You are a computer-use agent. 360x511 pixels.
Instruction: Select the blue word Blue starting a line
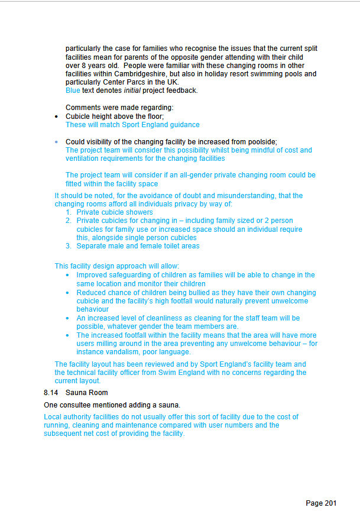tap(73, 91)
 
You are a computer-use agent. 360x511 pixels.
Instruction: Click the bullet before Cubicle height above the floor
tap(56, 117)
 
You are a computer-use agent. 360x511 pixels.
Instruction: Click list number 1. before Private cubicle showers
tap(69, 212)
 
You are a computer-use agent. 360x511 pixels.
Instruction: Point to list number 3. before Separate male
tap(69, 246)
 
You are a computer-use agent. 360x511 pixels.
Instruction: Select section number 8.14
tap(51, 392)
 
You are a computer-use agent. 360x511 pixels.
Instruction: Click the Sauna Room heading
tap(87, 392)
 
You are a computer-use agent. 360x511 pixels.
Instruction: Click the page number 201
tap(330, 503)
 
